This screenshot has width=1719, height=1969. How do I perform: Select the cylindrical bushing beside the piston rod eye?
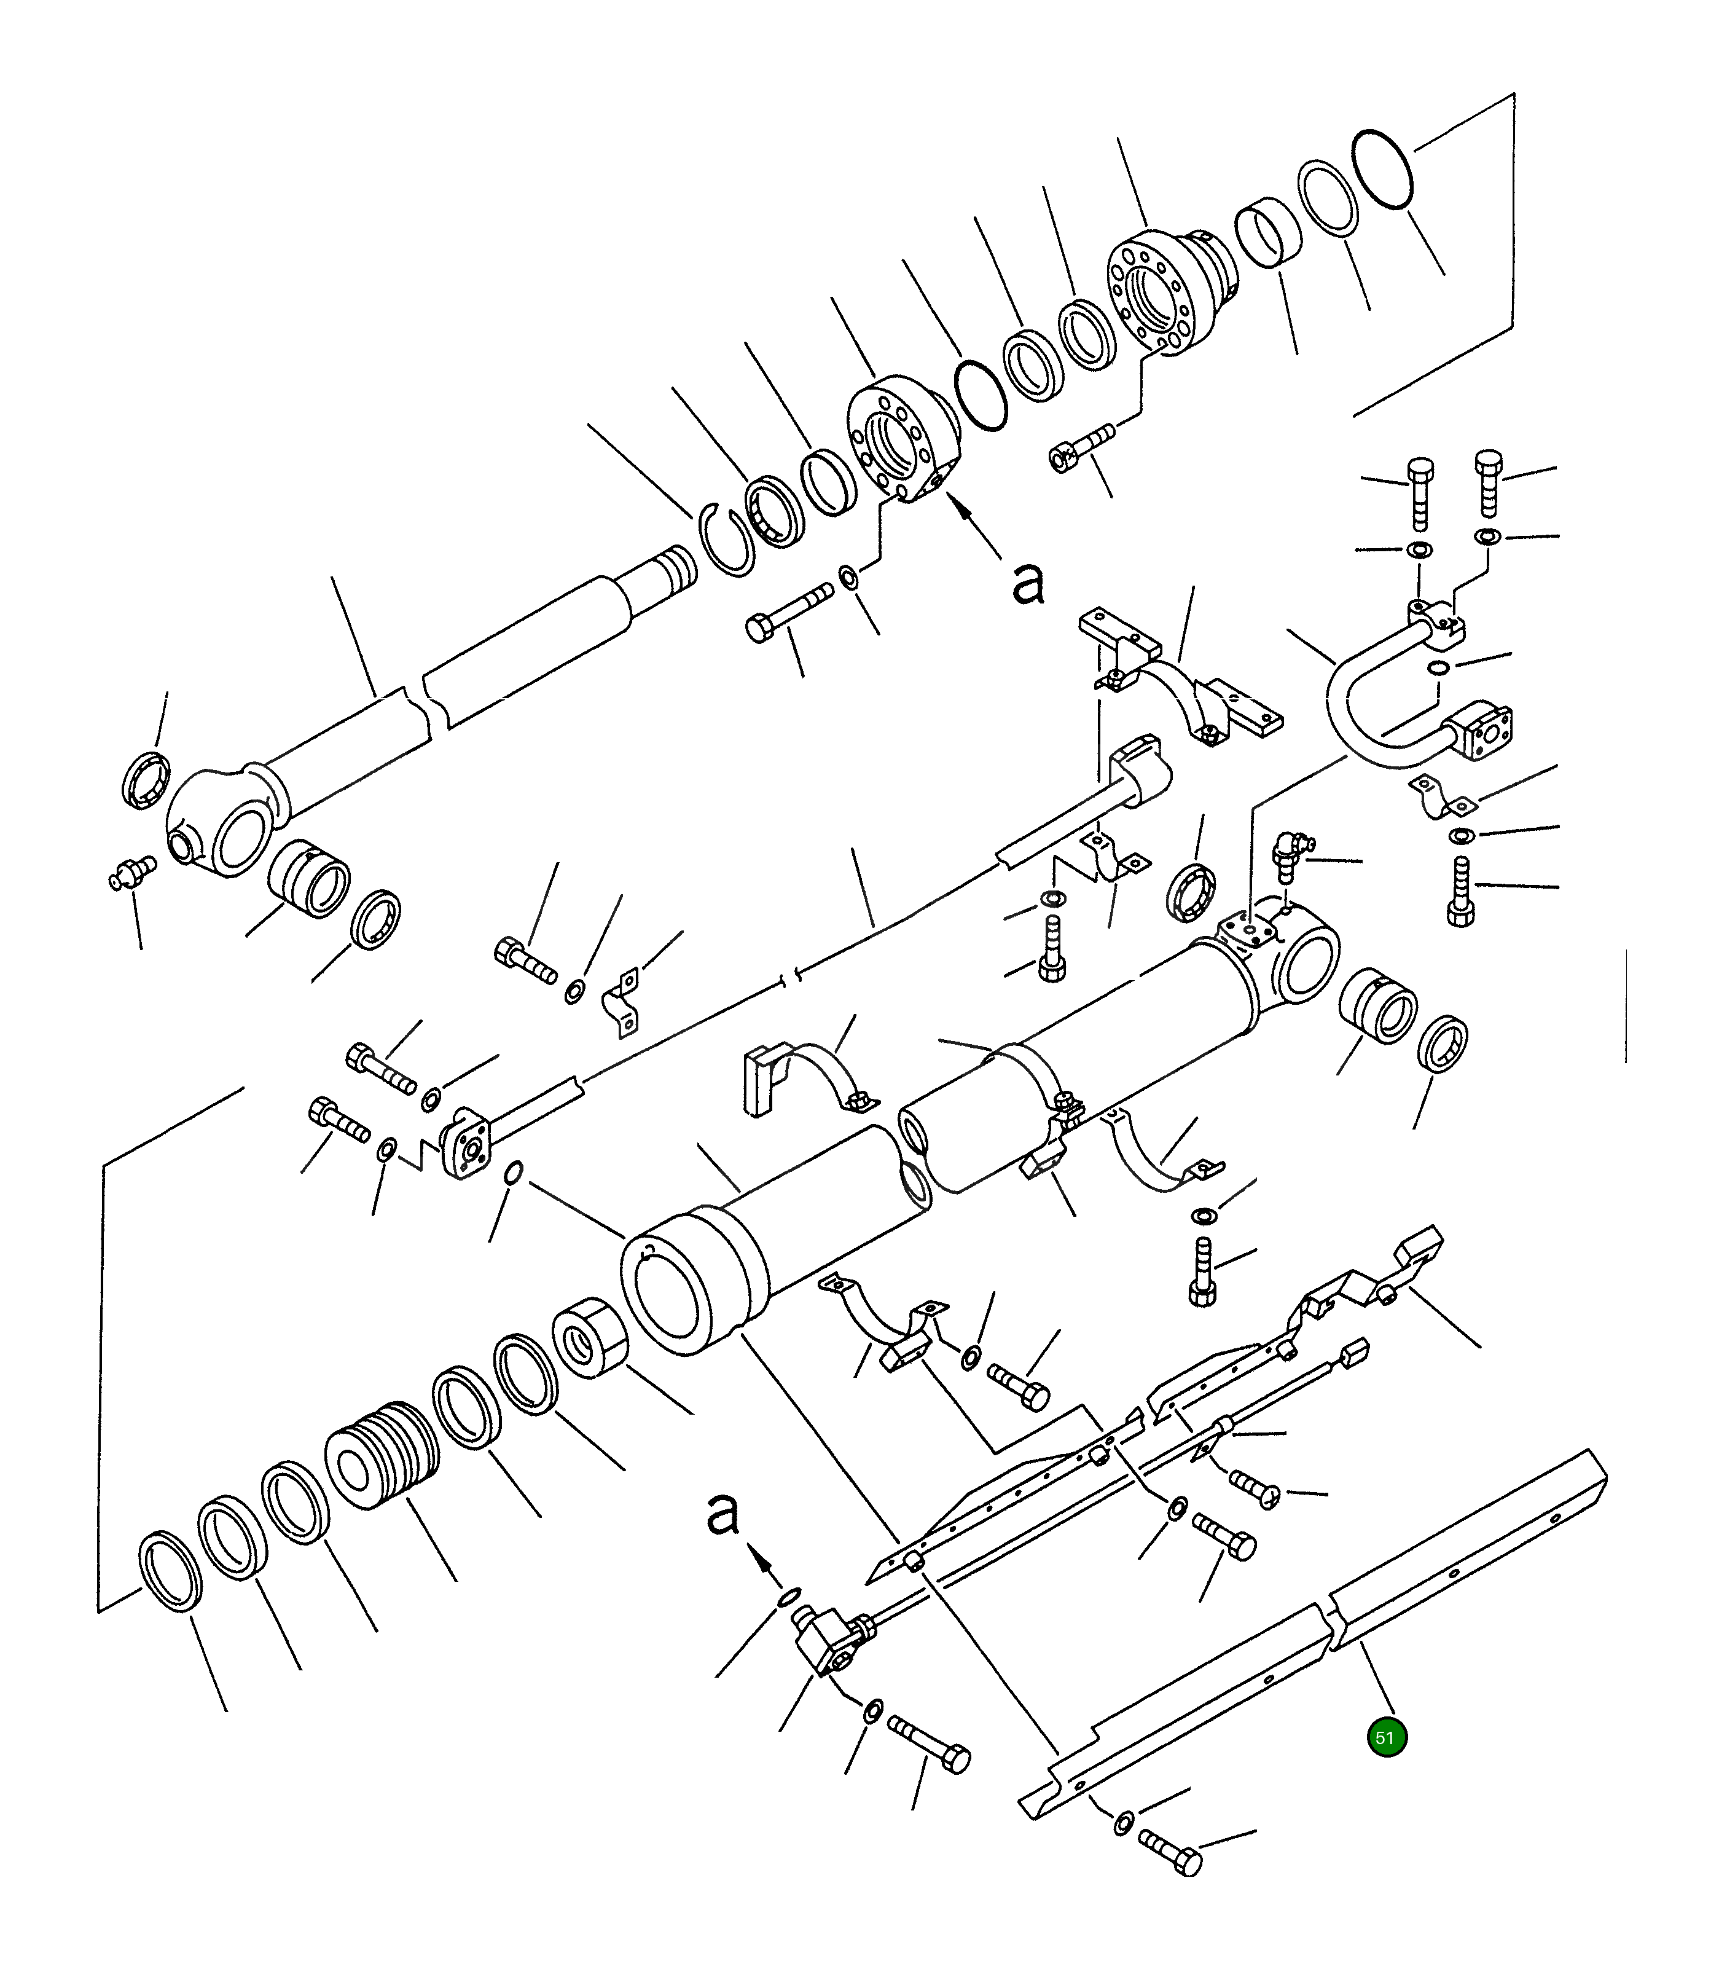tap(309, 879)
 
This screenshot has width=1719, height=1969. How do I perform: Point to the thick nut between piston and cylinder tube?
tap(590, 1338)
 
